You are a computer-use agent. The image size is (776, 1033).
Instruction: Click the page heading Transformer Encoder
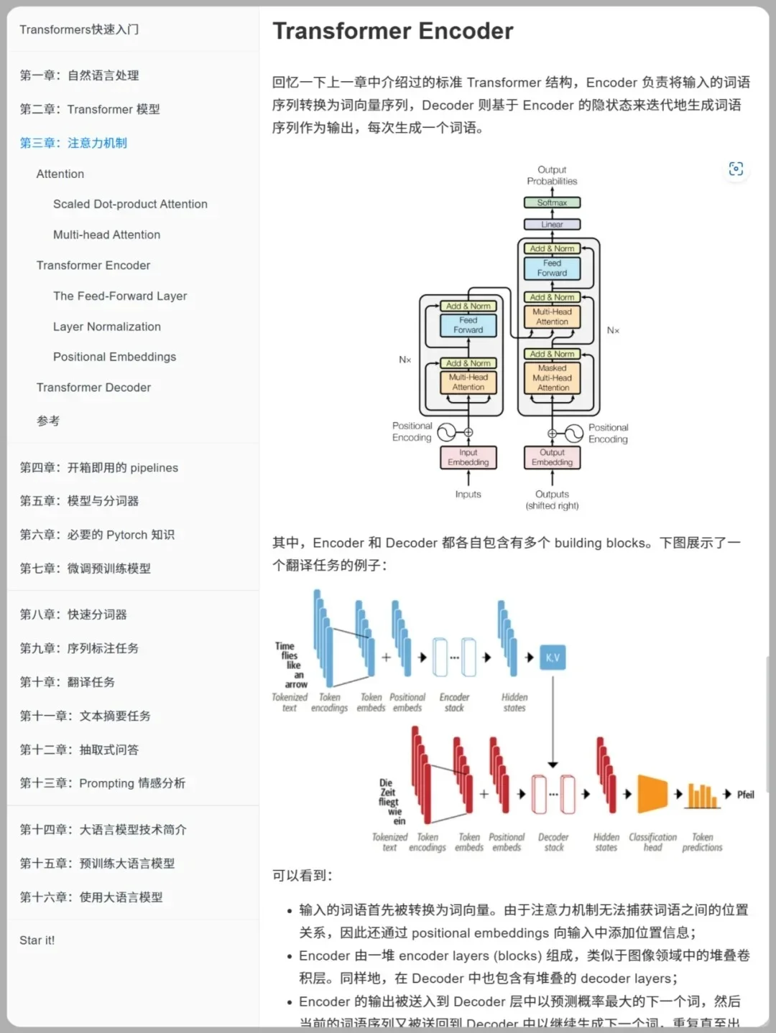pyautogui.click(x=392, y=31)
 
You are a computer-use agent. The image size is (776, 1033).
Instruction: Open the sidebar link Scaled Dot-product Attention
pyautogui.click(x=130, y=204)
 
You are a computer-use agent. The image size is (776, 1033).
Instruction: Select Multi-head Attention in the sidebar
pyautogui.click(x=106, y=235)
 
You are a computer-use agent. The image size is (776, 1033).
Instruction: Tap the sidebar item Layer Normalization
pyautogui.click(x=106, y=327)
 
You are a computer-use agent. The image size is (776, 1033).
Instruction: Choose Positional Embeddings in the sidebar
pyautogui.click(x=114, y=357)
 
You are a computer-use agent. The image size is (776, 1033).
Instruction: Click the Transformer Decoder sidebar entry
pyautogui.click(x=93, y=388)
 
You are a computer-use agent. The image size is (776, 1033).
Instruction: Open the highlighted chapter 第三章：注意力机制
pyautogui.click(x=73, y=143)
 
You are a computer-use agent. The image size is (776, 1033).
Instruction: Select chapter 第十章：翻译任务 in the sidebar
pyautogui.click(x=67, y=682)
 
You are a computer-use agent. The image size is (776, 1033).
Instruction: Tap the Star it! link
pyautogui.click(x=37, y=940)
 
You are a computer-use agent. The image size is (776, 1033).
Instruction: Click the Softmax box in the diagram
pyautogui.click(x=552, y=203)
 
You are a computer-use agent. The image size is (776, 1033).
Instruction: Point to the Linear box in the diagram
pyautogui.click(x=552, y=225)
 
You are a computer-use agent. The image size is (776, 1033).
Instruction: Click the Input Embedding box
pyautogui.click(x=468, y=457)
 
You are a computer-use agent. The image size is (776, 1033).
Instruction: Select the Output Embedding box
pyautogui.click(x=552, y=457)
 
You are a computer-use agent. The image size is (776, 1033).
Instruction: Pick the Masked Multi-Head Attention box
pyautogui.click(x=553, y=378)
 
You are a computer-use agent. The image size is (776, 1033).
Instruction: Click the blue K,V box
pyautogui.click(x=553, y=658)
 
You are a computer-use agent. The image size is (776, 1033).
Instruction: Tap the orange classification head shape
pyautogui.click(x=652, y=794)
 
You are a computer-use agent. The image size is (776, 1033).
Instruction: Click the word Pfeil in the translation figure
pyautogui.click(x=745, y=795)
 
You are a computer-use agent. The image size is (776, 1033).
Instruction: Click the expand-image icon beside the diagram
pyautogui.click(x=736, y=169)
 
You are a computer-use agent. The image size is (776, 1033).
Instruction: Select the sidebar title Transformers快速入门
pyautogui.click(x=79, y=29)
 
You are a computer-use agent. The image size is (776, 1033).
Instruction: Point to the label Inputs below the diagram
pyautogui.click(x=468, y=494)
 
